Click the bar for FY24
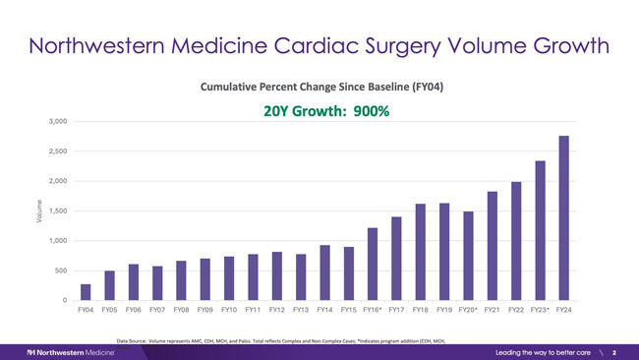[x=563, y=217]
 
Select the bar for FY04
[x=86, y=292]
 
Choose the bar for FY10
[x=229, y=278]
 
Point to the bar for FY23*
[x=540, y=230]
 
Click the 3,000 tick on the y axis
[x=56, y=121]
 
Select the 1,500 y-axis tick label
[x=56, y=210]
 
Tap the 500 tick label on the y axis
[x=60, y=270]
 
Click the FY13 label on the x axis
[x=301, y=311]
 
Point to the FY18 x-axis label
[x=420, y=311]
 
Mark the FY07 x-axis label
[x=157, y=311]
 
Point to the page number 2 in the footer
[x=614, y=351]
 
